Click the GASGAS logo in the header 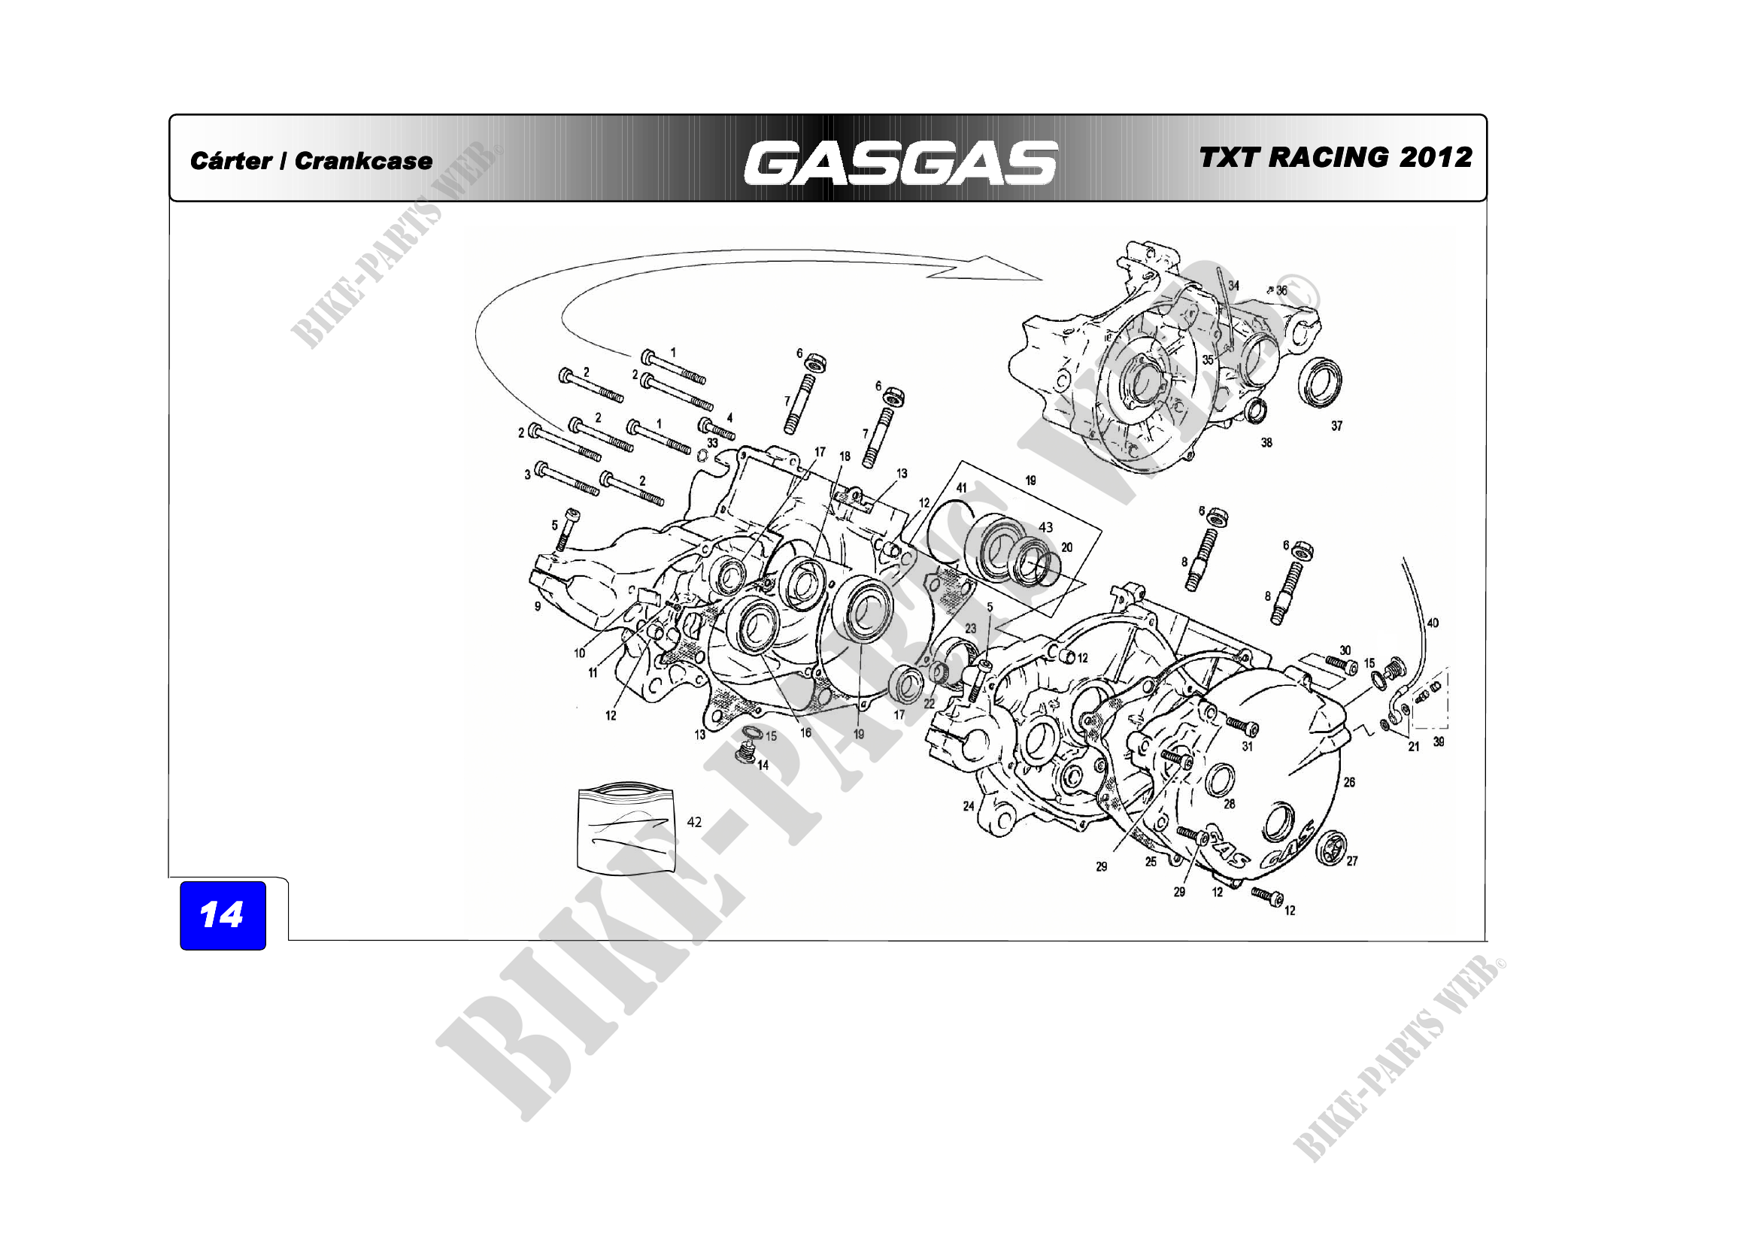pyautogui.click(x=899, y=162)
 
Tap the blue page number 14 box pyautogui.click(x=222, y=915)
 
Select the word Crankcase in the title pyautogui.click(x=363, y=161)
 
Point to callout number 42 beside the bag pyautogui.click(x=694, y=822)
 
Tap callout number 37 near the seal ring pyautogui.click(x=1336, y=426)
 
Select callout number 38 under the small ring pyautogui.click(x=1266, y=443)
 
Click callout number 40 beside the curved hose pyautogui.click(x=1433, y=623)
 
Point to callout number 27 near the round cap pyautogui.click(x=1352, y=861)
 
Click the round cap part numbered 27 pyautogui.click(x=1332, y=847)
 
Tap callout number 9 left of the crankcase pyautogui.click(x=538, y=606)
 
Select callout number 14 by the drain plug pyautogui.click(x=763, y=765)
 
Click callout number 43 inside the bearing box pyautogui.click(x=1046, y=527)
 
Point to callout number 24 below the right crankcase pyautogui.click(x=969, y=805)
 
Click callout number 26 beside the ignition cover pyautogui.click(x=1349, y=782)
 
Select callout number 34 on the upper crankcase pyautogui.click(x=1233, y=286)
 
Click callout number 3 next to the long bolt pyautogui.click(x=527, y=474)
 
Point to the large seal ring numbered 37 pyautogui.click(x=1319, y=381)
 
